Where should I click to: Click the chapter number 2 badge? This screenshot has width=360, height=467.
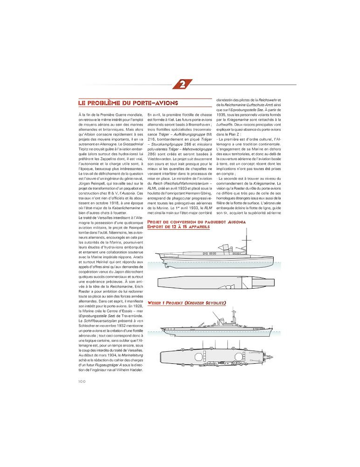[x=182, y=84]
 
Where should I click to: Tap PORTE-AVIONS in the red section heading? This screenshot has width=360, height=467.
[x=155, y=102]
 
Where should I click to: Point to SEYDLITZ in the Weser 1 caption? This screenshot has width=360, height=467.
[x=212, y=303]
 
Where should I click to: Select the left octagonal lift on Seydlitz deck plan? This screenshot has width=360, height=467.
[x=198, y=356]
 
